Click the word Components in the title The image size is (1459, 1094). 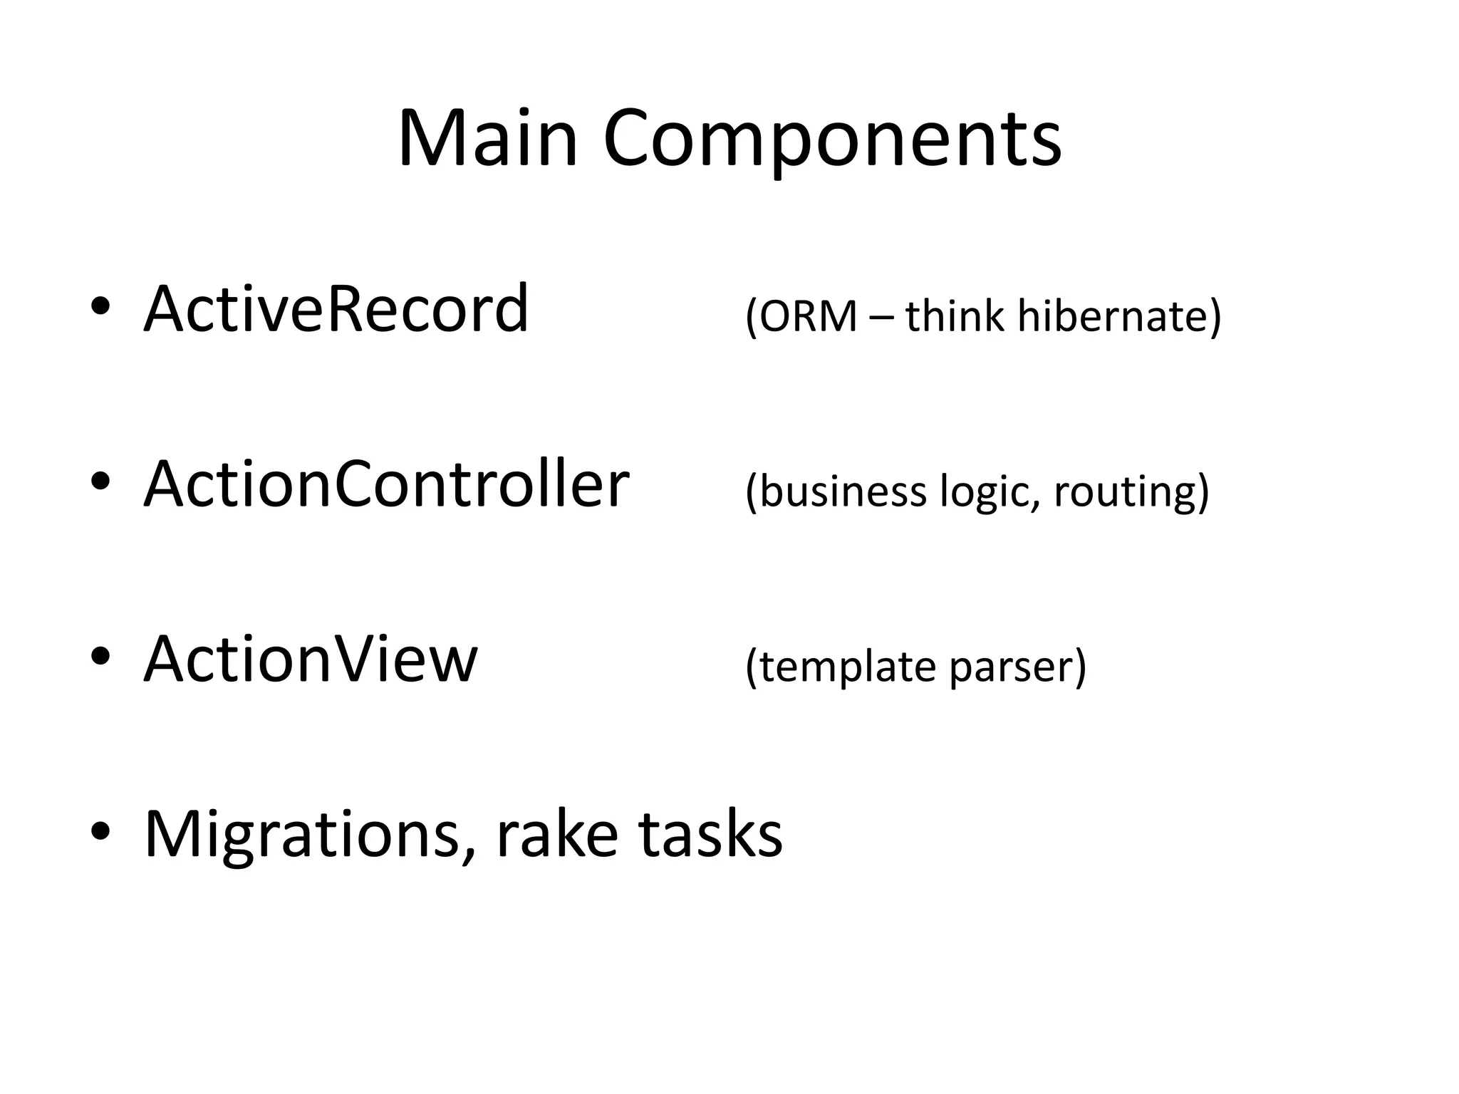coord(832,140)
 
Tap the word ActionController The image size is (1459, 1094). coord(386,484)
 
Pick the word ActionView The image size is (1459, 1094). coord(311,659)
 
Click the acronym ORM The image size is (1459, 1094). coord(808,316)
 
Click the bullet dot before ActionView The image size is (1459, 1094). coord(100,656)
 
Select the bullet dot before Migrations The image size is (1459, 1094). coord(100,830)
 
